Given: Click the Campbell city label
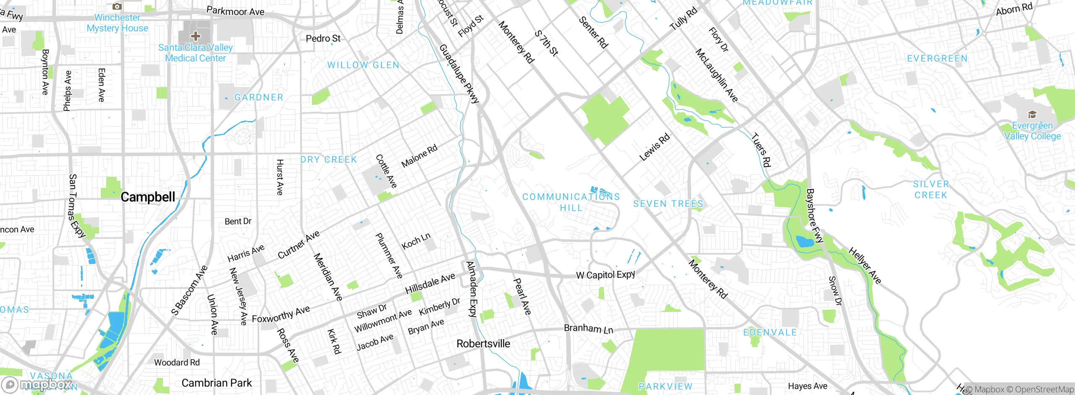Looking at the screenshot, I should click(x=147, y=197).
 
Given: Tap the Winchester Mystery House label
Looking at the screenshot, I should click(x=117, y=23).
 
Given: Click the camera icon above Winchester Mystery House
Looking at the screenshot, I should click(x=117, y=6).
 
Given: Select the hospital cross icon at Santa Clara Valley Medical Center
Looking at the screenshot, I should click(x=195, y=36).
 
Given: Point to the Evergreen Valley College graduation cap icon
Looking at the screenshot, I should click(x=1032, y=115).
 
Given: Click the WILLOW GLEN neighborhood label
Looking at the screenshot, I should click(x=363, y=65).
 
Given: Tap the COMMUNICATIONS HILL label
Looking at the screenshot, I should click(x=571, y=202).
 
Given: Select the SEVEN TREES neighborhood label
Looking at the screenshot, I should click(x=668, y=204).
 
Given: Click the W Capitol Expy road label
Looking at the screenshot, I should click(x=605, y=275).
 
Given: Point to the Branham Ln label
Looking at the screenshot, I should click(x=588, y=329).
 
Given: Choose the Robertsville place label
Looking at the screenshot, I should click(x=483, y=344).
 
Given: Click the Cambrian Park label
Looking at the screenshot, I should click(x=216, y=383).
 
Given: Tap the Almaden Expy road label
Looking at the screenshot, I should click(x=472, y=289).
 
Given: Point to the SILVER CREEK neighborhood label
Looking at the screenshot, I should click(x=931, y=190).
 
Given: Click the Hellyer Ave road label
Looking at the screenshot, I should click(x=865, y=266).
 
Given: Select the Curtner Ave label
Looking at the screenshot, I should click(x=299, y=245).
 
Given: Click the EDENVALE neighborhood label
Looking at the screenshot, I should click(x=770, y=332).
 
